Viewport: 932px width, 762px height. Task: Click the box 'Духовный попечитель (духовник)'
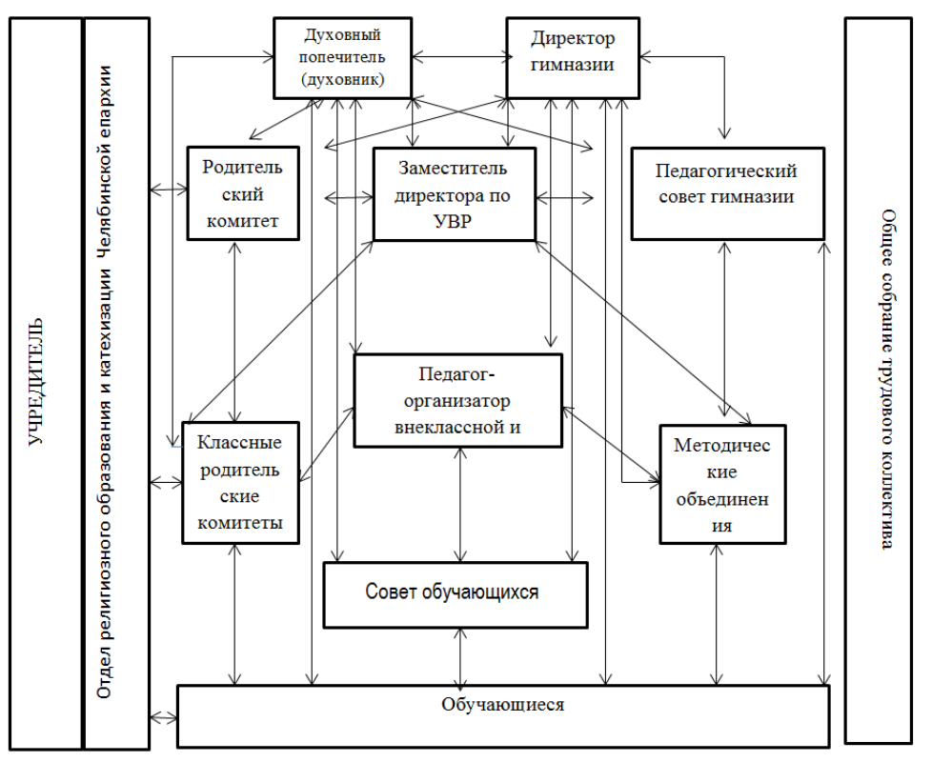(x=341, y=58)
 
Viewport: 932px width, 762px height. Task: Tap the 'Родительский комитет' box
(x=241, y=193)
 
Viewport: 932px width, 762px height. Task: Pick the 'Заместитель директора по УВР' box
(x=454, y=194)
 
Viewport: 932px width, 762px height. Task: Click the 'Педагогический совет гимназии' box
(x=726, y=193)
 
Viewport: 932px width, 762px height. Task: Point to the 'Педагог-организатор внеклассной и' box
(x=457, y=399)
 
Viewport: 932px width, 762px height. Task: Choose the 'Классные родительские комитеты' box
(x=238, y=483)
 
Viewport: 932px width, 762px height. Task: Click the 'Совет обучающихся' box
(x=453, y=593)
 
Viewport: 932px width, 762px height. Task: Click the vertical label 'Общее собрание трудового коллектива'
(x=886, y=380)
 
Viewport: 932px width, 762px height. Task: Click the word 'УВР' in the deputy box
(x=454, y=219)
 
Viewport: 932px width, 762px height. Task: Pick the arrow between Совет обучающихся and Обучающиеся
(x=462, y=656)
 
